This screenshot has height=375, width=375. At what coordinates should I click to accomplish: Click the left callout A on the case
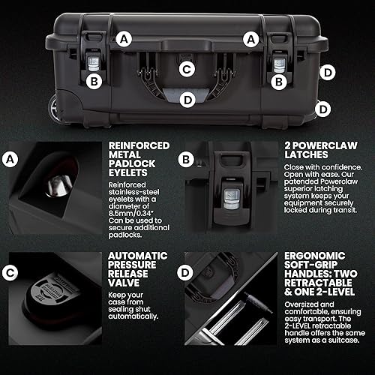point(124,37)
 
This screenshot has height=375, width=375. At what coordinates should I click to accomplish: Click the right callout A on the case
point(250,37)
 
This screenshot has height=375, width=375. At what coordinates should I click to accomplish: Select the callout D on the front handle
point(187,97)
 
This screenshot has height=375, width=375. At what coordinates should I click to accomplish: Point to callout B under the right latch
point(279,80)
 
